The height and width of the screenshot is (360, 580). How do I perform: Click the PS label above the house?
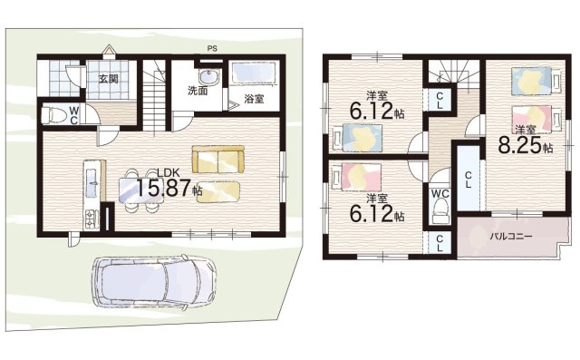[x=212, y=48]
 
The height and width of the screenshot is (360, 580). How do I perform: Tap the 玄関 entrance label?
[x=109, y=79]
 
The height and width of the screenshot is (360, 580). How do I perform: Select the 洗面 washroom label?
[x=198, y=91]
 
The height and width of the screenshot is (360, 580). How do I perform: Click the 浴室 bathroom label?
[x=254, y=99]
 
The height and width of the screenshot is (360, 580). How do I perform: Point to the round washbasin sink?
[x=209, y=77]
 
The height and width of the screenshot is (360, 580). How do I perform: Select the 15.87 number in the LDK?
[x=164, y=189]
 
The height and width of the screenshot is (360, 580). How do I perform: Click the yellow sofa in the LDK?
[x=217, y=159]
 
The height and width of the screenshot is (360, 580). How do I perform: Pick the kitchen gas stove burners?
[x=92, y=219]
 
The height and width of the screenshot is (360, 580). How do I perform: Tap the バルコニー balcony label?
[x=511, y=237]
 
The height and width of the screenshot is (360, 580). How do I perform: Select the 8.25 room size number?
[x=520, y=145]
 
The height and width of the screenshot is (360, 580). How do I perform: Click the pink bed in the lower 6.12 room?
[x=357, y=178]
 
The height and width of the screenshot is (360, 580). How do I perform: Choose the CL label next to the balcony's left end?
[x=440, y=243]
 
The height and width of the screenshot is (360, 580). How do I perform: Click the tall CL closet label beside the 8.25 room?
[x=468, y=180]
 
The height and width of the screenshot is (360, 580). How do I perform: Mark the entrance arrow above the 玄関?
[x=109, y=50]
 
